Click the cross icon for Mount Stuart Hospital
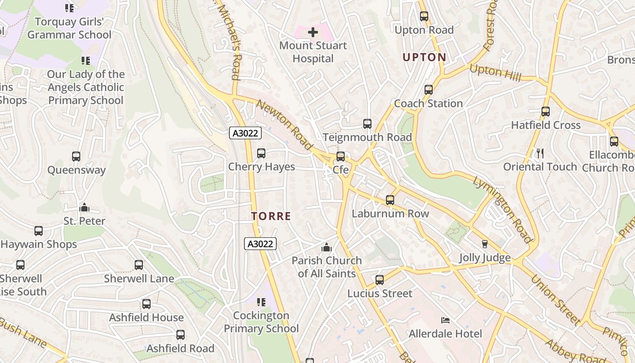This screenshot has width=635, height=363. click(x=313, y=32)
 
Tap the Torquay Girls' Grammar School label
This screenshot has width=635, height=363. click(x=69, y=28)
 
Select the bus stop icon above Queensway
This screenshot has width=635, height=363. click(x=76, y=157)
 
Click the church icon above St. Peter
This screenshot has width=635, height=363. click(x=84, y=208)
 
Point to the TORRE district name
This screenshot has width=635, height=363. click(x=271, y=216)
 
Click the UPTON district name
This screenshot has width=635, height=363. click(x=425, y=58)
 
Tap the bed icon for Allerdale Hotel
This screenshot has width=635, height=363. click(x=445, y=320)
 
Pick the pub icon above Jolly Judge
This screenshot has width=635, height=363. click(x=484, y=244)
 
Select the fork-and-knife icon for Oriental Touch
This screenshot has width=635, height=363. click(x=540, y=153)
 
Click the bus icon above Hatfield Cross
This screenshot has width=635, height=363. click(x=546, y=112)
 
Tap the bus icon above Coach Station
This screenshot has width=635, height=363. click(x=429, y=90)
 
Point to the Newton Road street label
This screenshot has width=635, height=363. click(x=284, y=125)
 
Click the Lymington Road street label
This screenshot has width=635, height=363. click(x=502, y=210)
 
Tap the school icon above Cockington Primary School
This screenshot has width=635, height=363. click(x=261, y=302)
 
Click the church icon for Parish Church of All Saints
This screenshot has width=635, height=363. click(x=327, y=247)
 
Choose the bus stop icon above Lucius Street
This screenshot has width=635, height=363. click(x=380, y=280)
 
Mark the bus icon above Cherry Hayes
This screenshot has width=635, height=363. click(x=261, y=153)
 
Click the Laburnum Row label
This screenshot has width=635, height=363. click(x=390, y=214)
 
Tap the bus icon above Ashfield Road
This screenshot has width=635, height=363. click(x=181, y=335)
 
